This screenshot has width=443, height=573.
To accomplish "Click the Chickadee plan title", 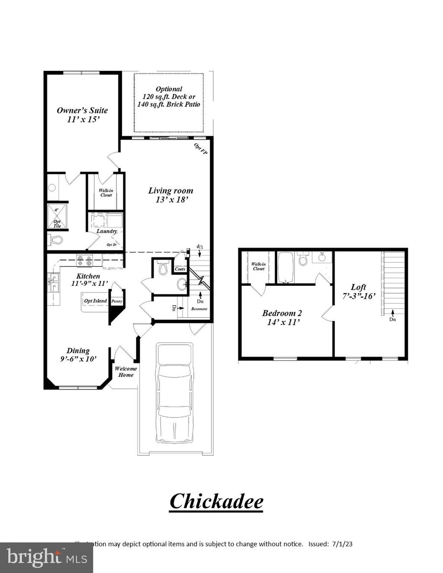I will coord(216,502).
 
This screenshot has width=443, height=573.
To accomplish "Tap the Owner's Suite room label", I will coord(82,115).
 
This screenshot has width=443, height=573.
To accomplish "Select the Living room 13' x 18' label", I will coord(170,195).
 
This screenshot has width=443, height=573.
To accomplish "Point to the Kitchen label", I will coord(88,280).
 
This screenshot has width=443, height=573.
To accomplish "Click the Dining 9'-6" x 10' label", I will coord(78,355).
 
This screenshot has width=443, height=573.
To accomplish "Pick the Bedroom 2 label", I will coord(282,318).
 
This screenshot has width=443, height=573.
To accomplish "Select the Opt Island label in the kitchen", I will coord(95,301).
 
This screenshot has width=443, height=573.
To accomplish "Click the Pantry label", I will coord(117,301).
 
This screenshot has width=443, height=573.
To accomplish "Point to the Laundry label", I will coord(106,231).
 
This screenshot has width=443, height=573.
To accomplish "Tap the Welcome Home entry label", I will coord(125,372).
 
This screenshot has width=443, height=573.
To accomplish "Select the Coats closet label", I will coord(180,269).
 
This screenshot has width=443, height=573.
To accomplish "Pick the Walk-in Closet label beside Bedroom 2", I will coord(258,266).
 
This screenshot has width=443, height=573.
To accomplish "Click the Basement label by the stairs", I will coord(199,309).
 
